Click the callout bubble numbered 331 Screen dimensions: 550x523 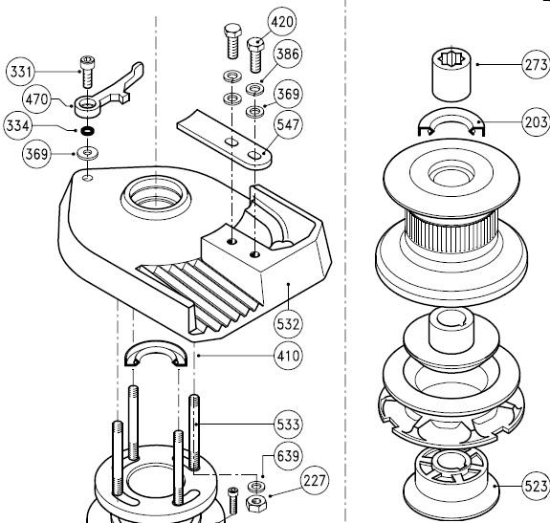click(x=21, y=72)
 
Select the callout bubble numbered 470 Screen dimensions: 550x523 click(x=36, y=99)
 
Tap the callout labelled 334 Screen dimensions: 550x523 click(x=17, y=125)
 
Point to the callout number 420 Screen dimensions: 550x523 click(x=282, y=22)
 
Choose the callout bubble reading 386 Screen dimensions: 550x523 click(x=288, y=54)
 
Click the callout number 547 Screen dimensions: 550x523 click(x=288, y=124)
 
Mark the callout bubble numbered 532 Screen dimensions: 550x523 click(x=288, y=324)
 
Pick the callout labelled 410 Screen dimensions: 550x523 click(x=288, y=356)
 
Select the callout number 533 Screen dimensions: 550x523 click(x=288, y=425)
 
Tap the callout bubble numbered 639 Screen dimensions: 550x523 click(x=288, y=456)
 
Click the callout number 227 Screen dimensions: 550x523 click(x=315, y=480)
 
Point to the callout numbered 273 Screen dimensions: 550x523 click(x=536, y=65)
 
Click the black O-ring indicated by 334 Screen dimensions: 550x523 click(x=87, y=131)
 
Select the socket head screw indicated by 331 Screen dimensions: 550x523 click(x=87, y=72)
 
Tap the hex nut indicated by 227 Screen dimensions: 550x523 click(x=256, y=504)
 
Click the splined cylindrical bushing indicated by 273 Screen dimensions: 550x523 click(x=451, y=75)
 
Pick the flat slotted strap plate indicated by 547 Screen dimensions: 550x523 click(x=225, y=140)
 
